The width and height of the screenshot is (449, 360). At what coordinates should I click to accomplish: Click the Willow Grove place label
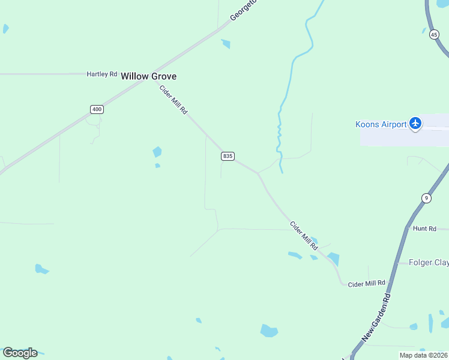pyautogui.click(x=148, y=76)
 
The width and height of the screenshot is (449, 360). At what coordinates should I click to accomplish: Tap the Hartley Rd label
pyautogui.click(x=101, y=74)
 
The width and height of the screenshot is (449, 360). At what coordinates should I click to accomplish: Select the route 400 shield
pyautogui.click(x=97, y=109)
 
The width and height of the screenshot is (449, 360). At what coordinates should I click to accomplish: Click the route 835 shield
pyautogui.click(x=228, y=156)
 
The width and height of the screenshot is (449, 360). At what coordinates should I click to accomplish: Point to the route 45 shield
pyautogui.click(x=434, y=35)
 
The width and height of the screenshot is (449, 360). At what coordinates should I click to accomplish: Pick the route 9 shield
pyautogui.click(x=426, y=198)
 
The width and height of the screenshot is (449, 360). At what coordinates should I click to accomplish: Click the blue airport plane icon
pyautogui.click(x=415, y=124)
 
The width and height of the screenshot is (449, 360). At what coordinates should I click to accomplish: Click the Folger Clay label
pyautogui.click(x=429, y=262)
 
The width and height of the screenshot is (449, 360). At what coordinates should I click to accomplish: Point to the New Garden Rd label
pyautogui.click(x=378, y=318)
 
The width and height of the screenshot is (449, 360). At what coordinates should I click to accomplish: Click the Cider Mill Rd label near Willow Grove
pyautogui.click(x=173, y=100)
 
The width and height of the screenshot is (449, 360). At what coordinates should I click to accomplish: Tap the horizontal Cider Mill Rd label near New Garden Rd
pyautogui.click(x=366, y=283)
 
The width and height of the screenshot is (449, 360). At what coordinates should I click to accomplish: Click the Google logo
pyautogui.click(x=20, y=353)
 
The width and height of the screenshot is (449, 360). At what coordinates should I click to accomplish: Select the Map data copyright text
pyautogui.click(x=423, y=355)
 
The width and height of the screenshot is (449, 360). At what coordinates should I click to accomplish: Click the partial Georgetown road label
pyautogui.click(x=243, y=11)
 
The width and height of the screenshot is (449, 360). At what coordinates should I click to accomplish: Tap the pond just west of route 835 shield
pyautogui.click(x=157, y=152)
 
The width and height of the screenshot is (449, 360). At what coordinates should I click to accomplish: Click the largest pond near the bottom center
pyautogui.click(x=269, y=331)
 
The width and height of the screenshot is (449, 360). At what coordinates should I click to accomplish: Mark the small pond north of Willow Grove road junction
pyautogui.click(x=226, y=43)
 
